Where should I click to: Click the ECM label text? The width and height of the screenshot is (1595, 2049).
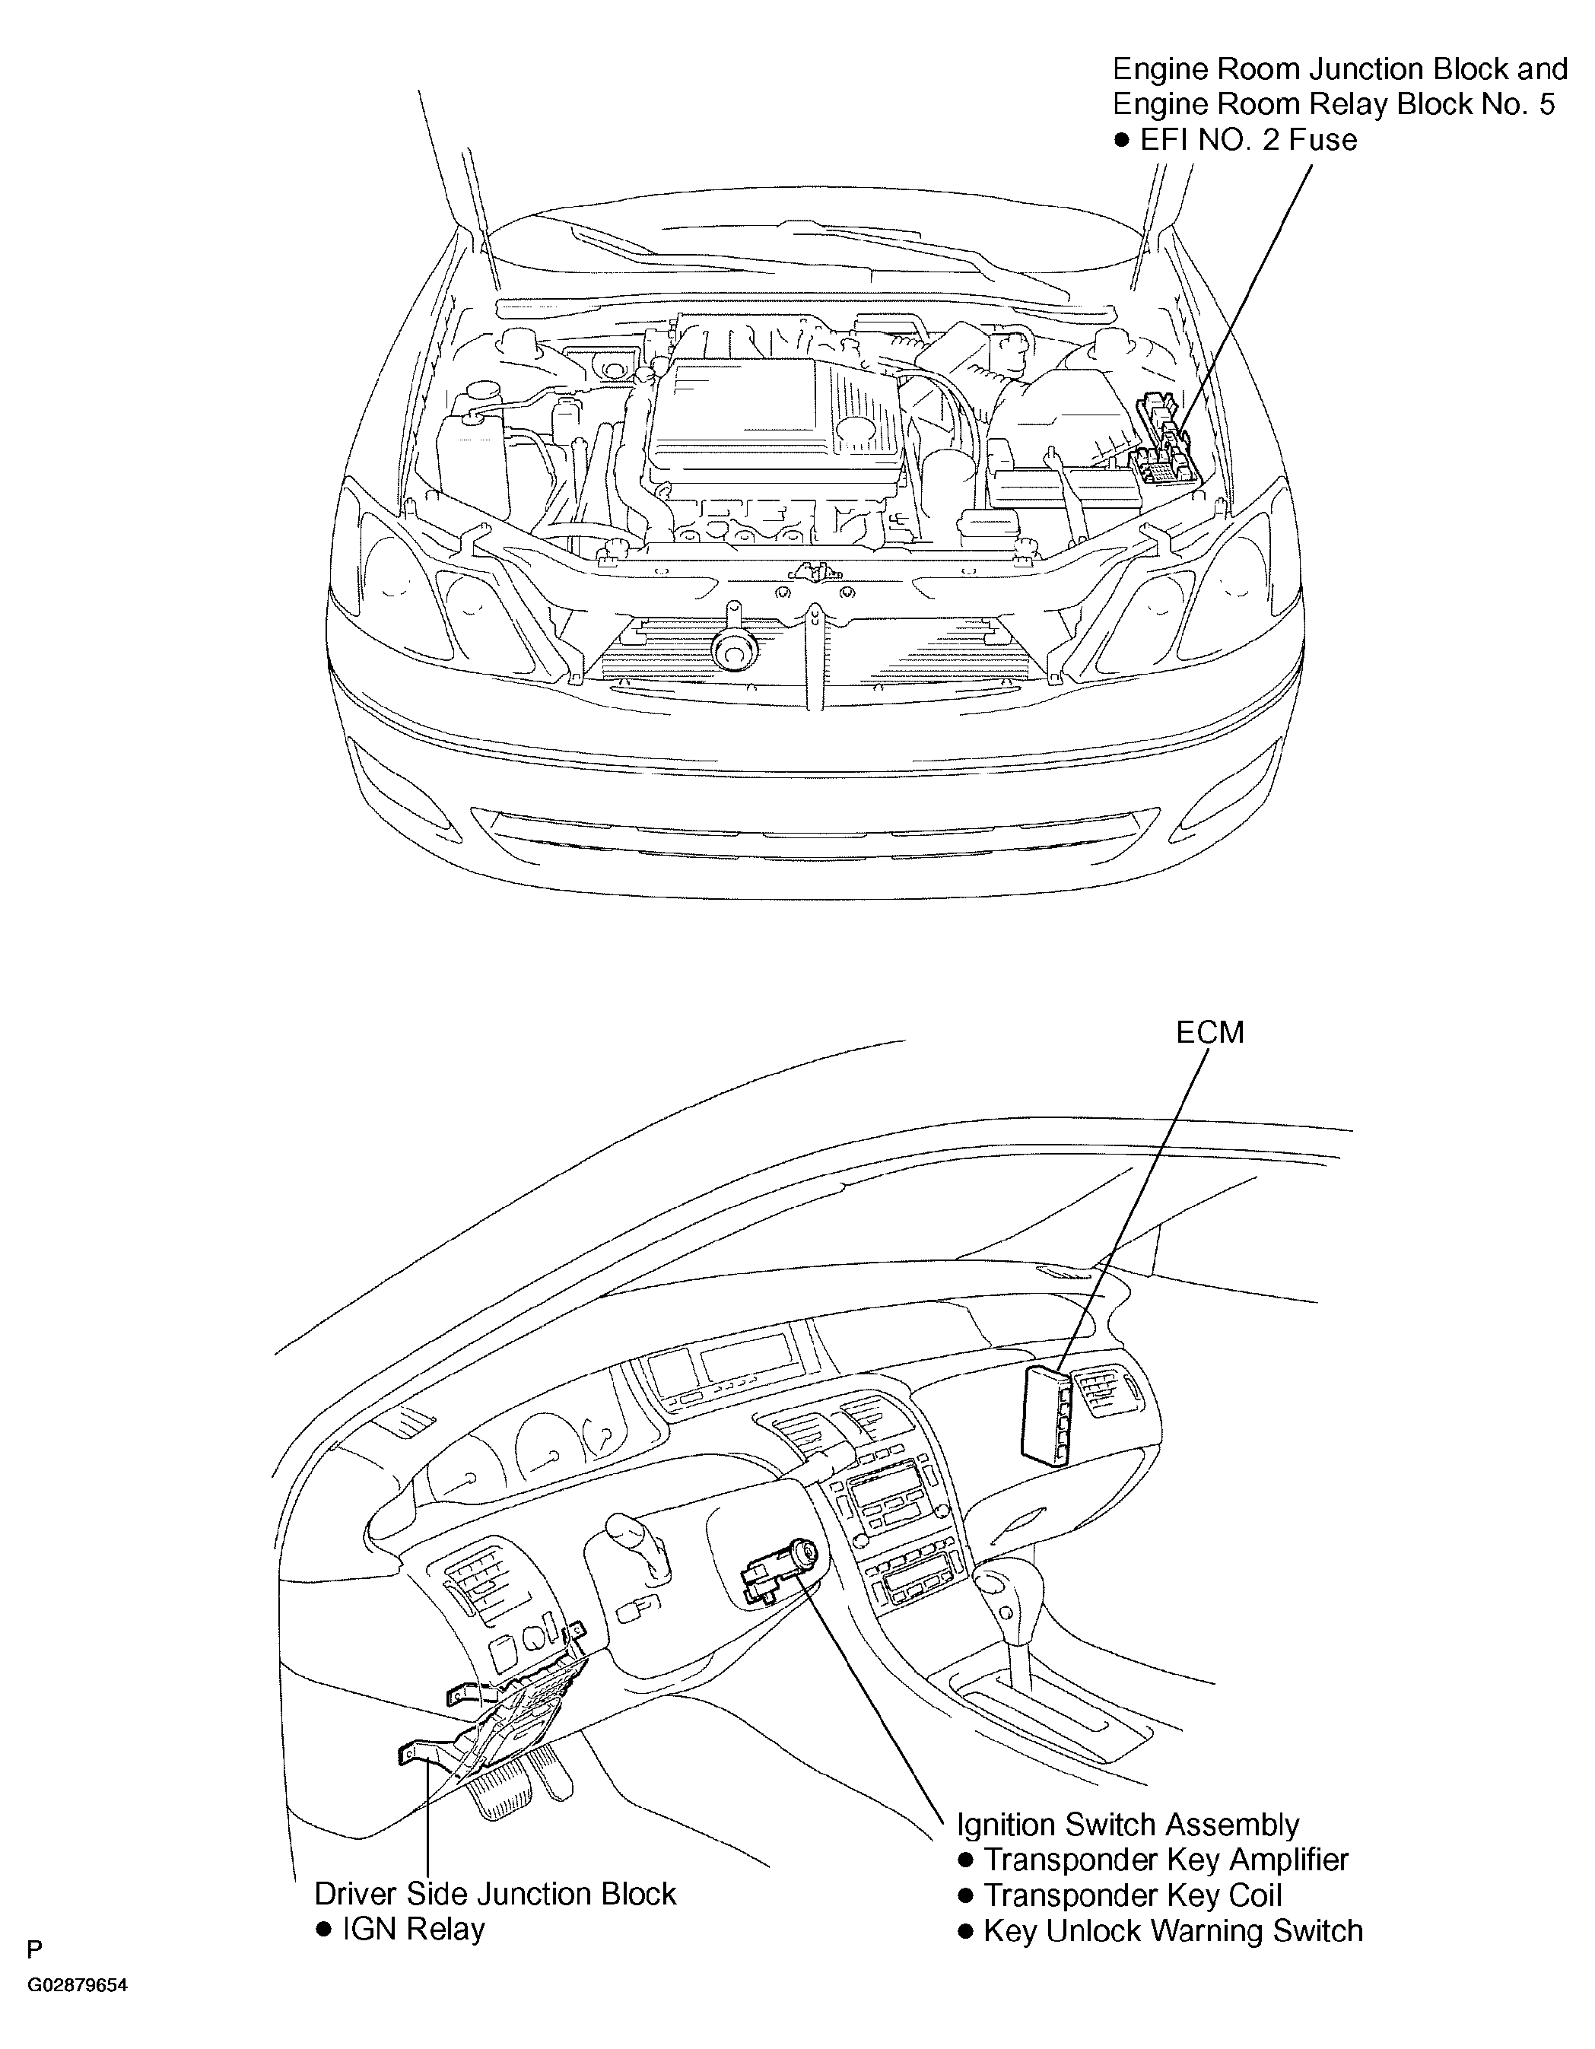pyautogui.click(x=1209, y=1032)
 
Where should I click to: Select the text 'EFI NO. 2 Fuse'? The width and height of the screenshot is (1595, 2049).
pyautogui.click(x=1249, y=140)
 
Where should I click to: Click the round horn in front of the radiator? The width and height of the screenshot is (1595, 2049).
pyautogui.click(x=731, y=648)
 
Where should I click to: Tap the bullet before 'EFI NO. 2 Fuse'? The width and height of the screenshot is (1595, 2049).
pyautogui.click(x=1121, y=141)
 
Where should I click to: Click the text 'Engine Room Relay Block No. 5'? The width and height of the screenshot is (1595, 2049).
pyautogui.click(x=1334, y=104)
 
